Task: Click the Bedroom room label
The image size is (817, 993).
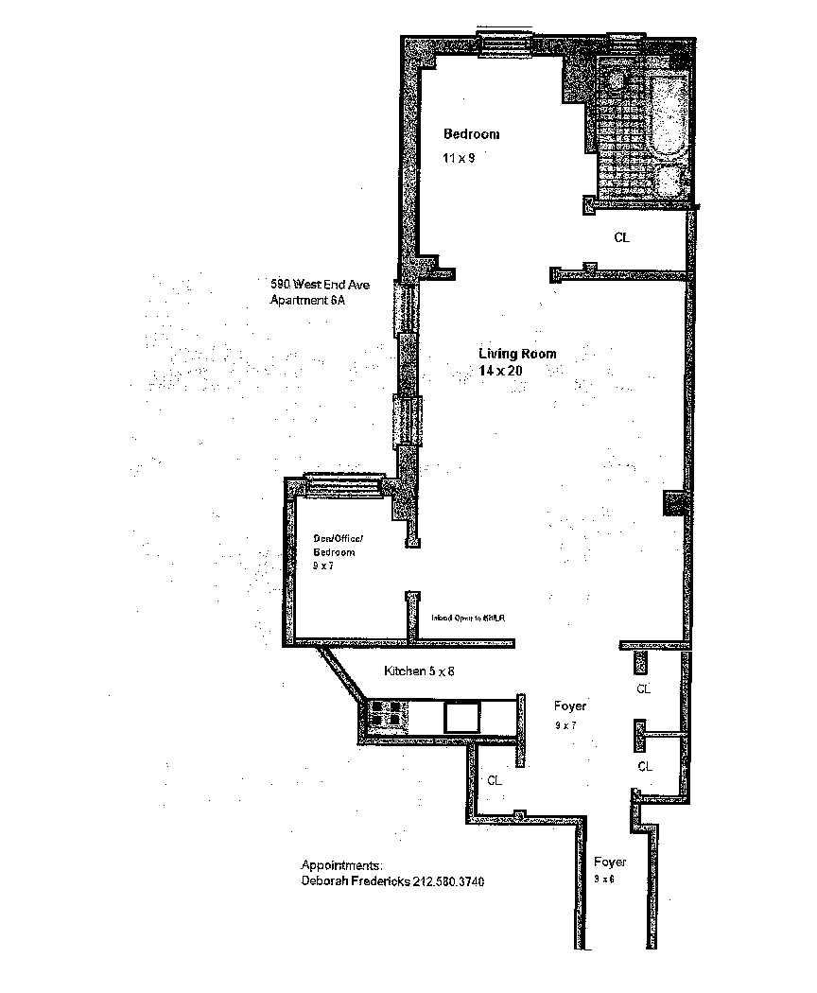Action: pos(471,134)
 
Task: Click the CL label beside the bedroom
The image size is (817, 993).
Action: pos(621,238)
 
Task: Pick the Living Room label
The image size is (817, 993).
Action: pos(516,354)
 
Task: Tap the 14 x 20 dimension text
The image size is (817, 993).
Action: pos(500,372)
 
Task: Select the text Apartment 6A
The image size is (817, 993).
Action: pos(307,301)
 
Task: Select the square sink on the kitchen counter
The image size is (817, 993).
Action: pos(461,715)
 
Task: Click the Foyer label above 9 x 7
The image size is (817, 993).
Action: pos(569,706)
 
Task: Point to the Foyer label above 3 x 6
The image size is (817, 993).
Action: pos(610,862)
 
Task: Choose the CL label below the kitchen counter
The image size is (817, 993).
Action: pos(494,781)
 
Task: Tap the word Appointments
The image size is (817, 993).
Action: pos(341,865)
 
